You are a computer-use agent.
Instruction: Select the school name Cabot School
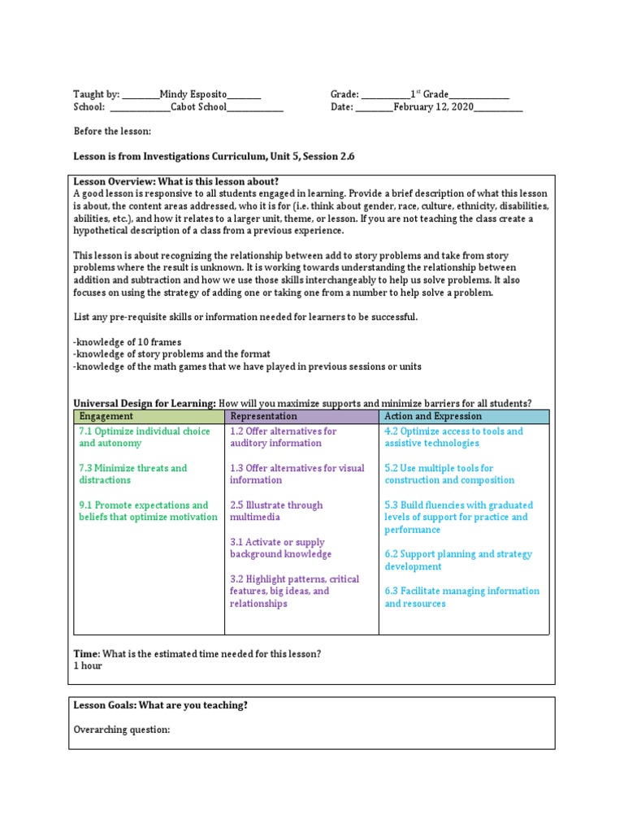coord(198,106)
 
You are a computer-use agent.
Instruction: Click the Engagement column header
coord(106,416)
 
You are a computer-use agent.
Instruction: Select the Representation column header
coord(263,416)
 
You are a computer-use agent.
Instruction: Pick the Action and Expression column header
coord(433,416)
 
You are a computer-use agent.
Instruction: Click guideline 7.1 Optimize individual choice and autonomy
coord(144,437)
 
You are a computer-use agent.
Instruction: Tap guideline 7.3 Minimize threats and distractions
coord(132,474)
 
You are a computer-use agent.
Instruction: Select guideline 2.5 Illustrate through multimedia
coord(276,510)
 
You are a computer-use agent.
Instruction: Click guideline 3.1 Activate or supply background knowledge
coord(280,548)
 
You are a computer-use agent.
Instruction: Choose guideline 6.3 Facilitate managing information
coord(461,597)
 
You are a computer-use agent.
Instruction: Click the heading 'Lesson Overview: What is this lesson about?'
coord(176,181)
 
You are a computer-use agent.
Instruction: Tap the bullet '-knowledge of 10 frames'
coord(128,341)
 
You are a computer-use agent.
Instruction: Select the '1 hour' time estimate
coord(88,665)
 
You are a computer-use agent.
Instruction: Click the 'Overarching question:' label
coord(122,730)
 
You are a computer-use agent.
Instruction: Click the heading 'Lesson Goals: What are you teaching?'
coord(161,705)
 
